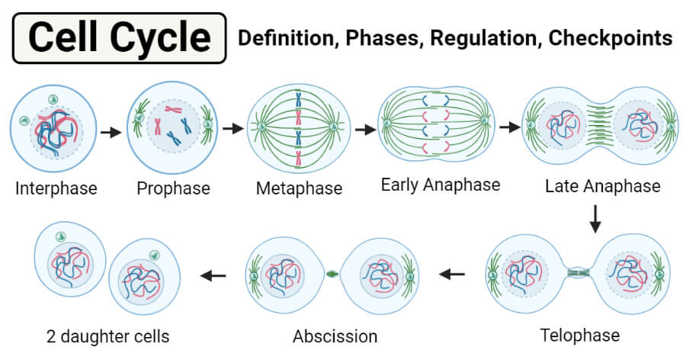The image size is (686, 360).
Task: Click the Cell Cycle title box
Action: coord(120,38)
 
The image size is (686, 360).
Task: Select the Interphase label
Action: coord(56,188)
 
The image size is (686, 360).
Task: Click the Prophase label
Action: coord(173,188)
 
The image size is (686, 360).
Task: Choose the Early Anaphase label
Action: coord(441,185)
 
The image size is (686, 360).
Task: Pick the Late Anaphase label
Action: coord(603,186)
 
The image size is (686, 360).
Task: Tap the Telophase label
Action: coord(580,335)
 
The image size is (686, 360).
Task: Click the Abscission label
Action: coord(335,336)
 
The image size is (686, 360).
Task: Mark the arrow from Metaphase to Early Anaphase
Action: coord(366,130)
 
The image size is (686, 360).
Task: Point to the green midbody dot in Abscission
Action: coord(332,273)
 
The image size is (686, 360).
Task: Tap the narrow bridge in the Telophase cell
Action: coord(579,272)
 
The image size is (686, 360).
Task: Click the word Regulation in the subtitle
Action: coord(482,38)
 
